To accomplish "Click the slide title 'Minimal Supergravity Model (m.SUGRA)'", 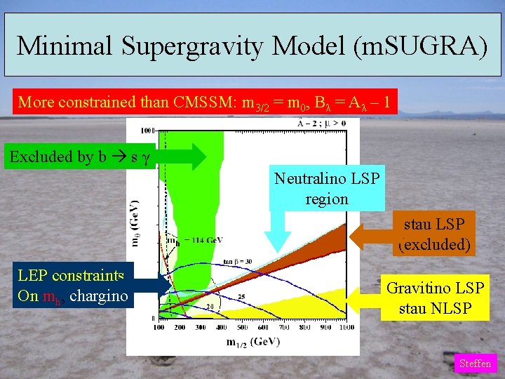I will [x=252, y=46].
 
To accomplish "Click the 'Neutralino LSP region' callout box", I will [x=327, y=189].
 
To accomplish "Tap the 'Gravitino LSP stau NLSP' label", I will [x=436, y=298].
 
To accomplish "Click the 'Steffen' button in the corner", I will [x=476, y=364].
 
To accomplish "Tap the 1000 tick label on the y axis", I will [x=147, y=131].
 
